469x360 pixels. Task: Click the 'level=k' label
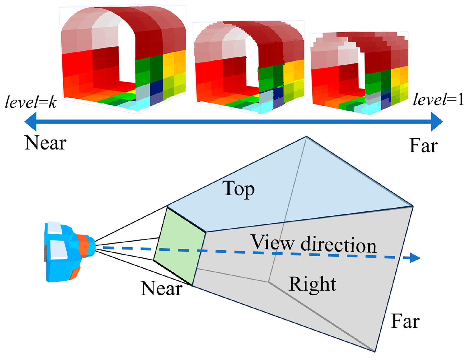(x=31, y=102)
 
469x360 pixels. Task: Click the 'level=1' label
(x=438, y=100)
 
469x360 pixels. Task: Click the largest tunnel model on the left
(x=123, y=57)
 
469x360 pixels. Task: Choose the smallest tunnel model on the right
(x=359, y=73)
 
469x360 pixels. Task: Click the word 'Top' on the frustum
(x=238, y=189)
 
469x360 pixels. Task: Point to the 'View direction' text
(x=314, y=244)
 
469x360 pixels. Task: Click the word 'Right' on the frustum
(x=312, y=284)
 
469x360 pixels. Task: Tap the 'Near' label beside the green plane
(x=161, y=288)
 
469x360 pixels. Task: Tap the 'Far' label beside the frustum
(x=405, y=321)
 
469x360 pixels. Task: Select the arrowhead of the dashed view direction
(x=415, y=258)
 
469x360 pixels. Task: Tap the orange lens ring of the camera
(x=83, y=246)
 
